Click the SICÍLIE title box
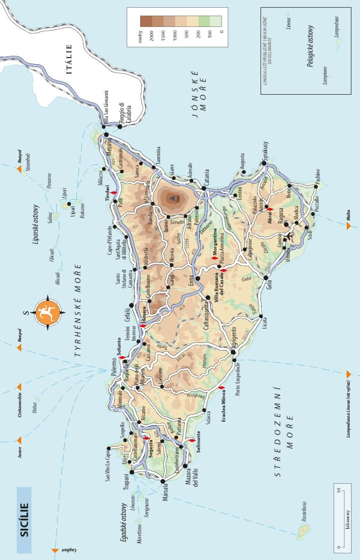(23, 520)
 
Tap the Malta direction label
(348, 227)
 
